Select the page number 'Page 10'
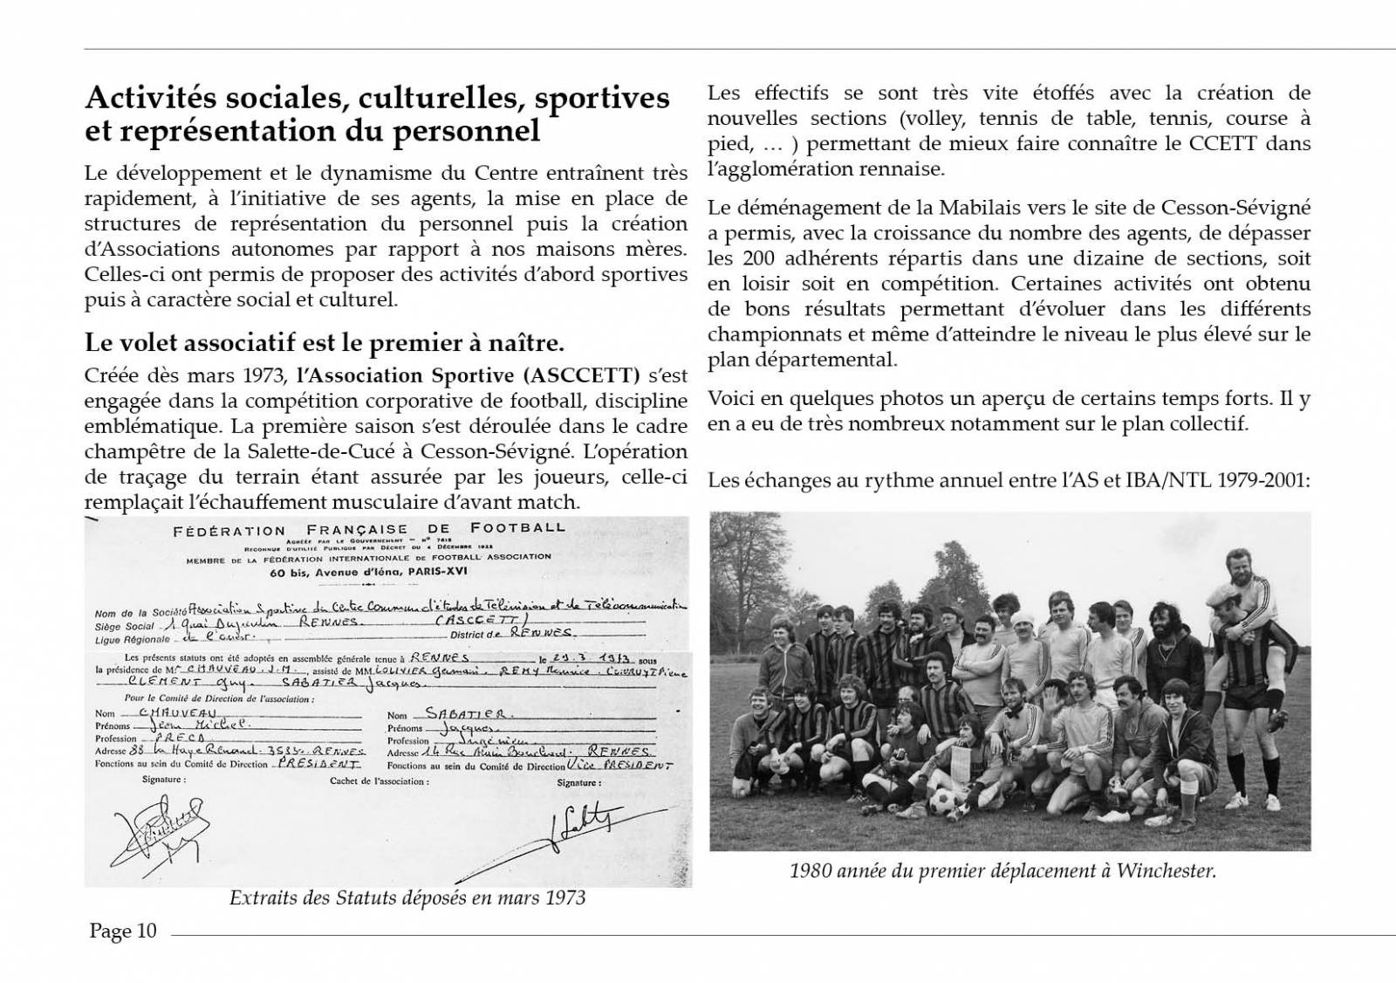[123, 931]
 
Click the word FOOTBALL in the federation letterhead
[517, 527]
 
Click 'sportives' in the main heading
[602, 98]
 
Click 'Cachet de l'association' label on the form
[380, 781]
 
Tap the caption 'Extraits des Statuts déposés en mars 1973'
[407, 897]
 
